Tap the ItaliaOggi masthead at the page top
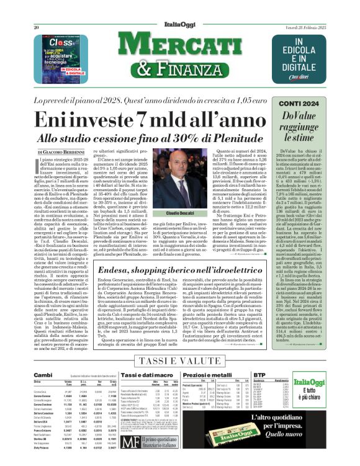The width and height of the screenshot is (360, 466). click(179, 10)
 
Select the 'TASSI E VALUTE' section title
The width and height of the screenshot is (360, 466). click(180, 361)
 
